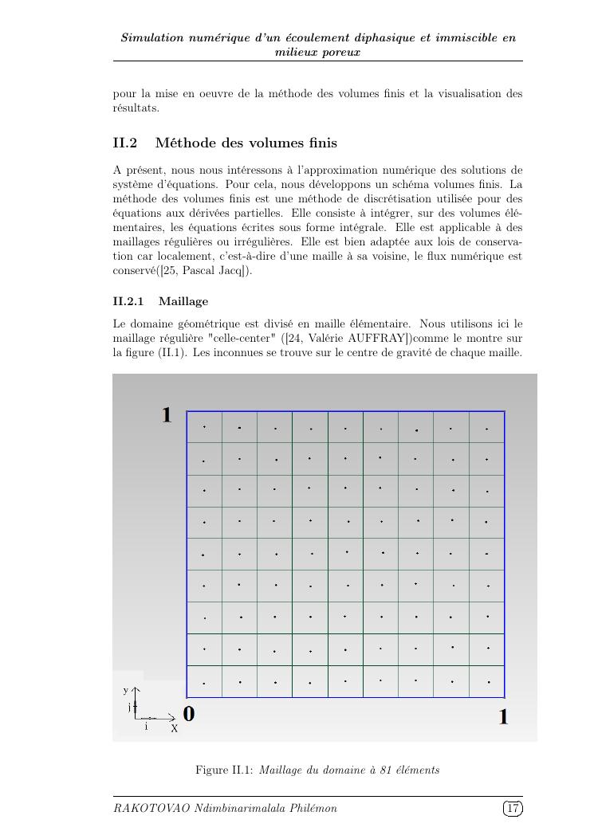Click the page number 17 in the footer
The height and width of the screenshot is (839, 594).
tap(513, 809)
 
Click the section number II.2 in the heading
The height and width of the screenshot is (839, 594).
tap(125, 143)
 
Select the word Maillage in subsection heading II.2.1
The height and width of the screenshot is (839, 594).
tap(183, 301)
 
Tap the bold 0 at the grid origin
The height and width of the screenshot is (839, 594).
tap(189, 714)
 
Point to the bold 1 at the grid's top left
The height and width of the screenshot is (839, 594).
tap(167, 415)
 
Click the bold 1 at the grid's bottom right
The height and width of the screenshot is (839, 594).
tap(503, 718)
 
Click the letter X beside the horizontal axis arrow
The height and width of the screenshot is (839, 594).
tap(174, 728)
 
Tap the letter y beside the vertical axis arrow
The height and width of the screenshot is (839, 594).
tap(125, 690)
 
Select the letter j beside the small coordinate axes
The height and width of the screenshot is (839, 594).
tap(129, 707)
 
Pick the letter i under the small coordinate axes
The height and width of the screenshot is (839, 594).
tap(146, 727)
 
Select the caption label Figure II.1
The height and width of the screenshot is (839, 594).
tap(224, 770)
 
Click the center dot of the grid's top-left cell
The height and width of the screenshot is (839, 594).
tap(204, 427)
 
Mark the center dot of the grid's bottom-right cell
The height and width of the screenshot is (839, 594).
tap(487, 682)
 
